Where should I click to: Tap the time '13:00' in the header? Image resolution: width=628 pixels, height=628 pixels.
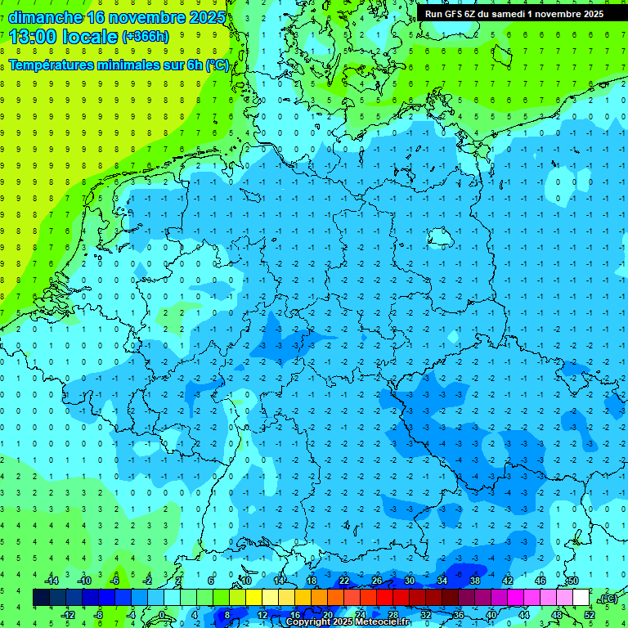click(x=33, y=36)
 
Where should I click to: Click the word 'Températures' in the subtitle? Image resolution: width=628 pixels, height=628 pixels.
click(x=56, y=65)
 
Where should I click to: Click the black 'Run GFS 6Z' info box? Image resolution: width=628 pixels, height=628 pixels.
click(x=514, y=13)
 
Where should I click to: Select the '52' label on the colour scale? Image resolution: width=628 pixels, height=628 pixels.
click(x=590, y=614)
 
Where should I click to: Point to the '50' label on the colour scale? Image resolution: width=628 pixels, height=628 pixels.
click(x=572, y=581)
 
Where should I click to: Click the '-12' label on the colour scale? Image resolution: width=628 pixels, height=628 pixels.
click(x=68, y=614)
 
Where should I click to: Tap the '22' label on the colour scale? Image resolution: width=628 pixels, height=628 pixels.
click(x=344, y=581)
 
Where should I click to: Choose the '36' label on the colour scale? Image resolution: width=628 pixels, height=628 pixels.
click(x=459, y=614)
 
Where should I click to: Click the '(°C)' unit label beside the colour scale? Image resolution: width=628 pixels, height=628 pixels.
click(x=608, y=599)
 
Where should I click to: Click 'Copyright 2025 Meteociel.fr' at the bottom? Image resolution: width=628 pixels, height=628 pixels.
click(x=348, y=622)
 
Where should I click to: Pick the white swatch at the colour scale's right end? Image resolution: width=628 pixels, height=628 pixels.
click(x=581, y=598)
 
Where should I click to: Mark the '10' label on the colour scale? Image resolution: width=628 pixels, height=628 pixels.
click(x=246, y=581)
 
